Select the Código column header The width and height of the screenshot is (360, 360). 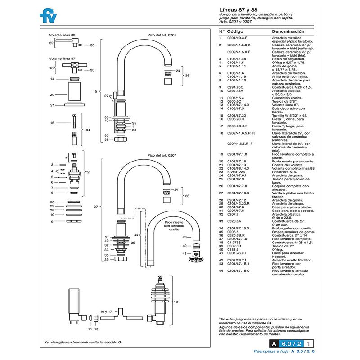[x=235, y=32]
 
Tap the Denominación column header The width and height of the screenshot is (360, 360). [x=288, y=32]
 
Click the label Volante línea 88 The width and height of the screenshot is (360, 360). [x=63, y=35]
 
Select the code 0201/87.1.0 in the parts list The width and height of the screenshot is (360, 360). [x=237, y=154]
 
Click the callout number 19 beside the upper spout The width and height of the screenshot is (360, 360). [x=95, y=91]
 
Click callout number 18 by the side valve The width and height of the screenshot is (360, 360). [x=176, y=302]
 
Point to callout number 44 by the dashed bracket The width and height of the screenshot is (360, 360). [x=136, y=235]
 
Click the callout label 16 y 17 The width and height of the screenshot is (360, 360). [x=106, y=311]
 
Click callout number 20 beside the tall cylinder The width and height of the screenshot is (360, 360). [x=52, y=95]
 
